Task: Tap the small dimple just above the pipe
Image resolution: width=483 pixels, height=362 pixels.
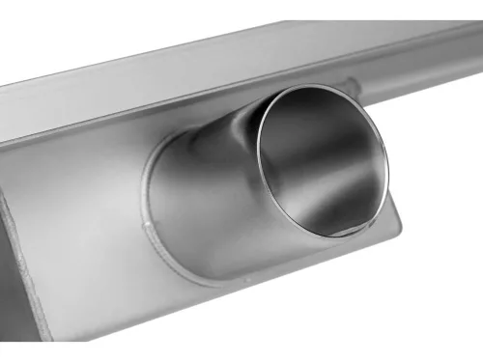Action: tap(352, 83)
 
